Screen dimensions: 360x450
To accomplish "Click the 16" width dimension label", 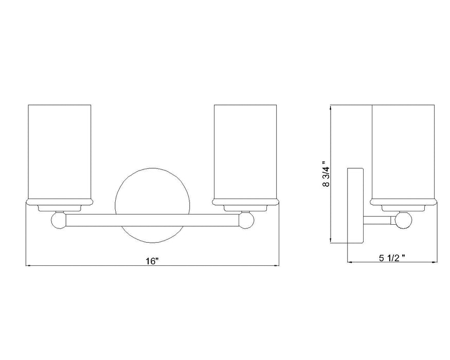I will [x=151, y=261].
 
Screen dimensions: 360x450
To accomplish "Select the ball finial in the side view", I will [x=404, y=221].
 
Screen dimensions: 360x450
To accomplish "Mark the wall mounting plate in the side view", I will [x=356, y=205].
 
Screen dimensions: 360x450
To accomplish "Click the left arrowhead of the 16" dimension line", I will [x=28, y=266].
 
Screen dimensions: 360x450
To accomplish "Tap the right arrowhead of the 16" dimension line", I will [x=276, y=266].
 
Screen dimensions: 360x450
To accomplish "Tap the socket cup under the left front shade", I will [x=59, y=207].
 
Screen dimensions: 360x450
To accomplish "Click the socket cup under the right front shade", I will [x=246, y=207].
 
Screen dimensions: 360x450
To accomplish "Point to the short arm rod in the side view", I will [x=380, y=221].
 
